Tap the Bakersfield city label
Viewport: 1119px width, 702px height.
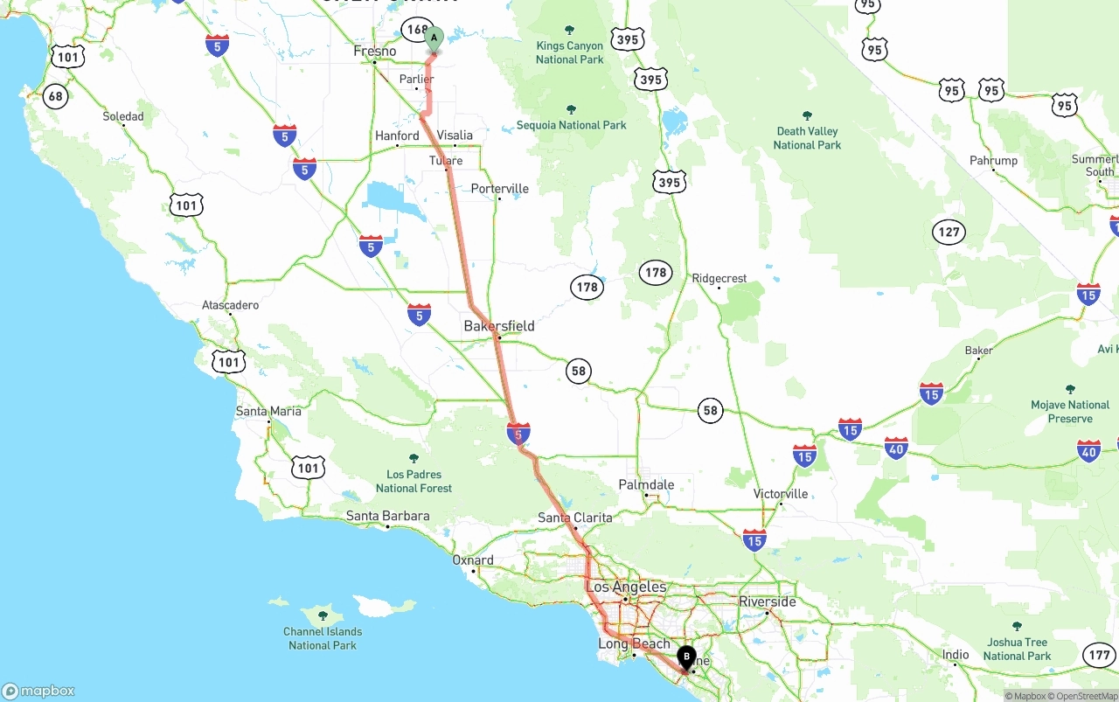click(x=498, y=326)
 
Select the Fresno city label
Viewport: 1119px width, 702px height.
click(x=374, y=52)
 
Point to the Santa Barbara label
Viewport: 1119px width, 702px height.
click(x=387, y=516)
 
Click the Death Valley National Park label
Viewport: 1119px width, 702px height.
click(x=807, y=138)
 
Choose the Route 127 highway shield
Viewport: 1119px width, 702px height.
click(x=949, y=233)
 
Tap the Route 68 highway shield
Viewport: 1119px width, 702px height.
click(x=56, y=96)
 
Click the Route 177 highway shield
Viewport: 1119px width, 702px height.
click(x=1099, y=655)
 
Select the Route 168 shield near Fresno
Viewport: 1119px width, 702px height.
click(x=417, y=31)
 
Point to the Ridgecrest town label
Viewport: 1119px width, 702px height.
click(x=719, y=279)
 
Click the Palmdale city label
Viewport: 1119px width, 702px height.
click(x=646, y=484)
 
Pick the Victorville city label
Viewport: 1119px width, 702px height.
click(x=781, y=494)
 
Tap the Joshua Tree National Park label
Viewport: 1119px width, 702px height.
click(x=1017, y=649)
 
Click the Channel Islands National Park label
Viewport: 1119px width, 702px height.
click(x=323, y=638)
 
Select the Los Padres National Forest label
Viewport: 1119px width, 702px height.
click(x=414, y=481)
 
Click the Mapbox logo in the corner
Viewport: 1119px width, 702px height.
click(x=38, y=691)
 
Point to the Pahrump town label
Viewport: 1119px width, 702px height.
click(x=993, y=161)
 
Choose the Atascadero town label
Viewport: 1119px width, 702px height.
click(x=230, y=305)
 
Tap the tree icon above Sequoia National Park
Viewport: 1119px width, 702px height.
click(x=571, y=110)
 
